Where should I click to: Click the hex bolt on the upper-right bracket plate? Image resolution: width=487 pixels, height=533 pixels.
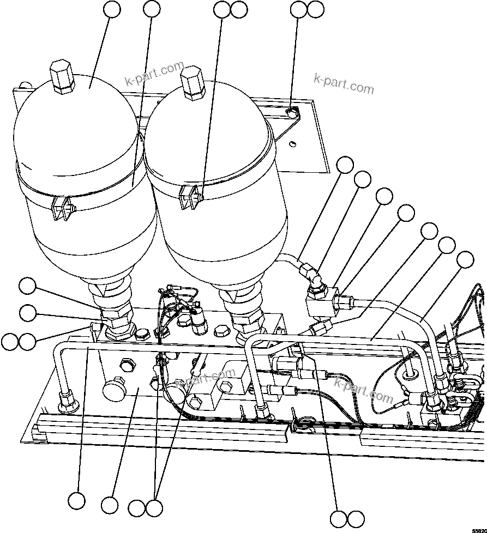292,113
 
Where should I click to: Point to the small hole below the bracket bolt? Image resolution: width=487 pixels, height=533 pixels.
293,143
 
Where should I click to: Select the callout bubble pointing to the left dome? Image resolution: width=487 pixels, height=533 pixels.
112,9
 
